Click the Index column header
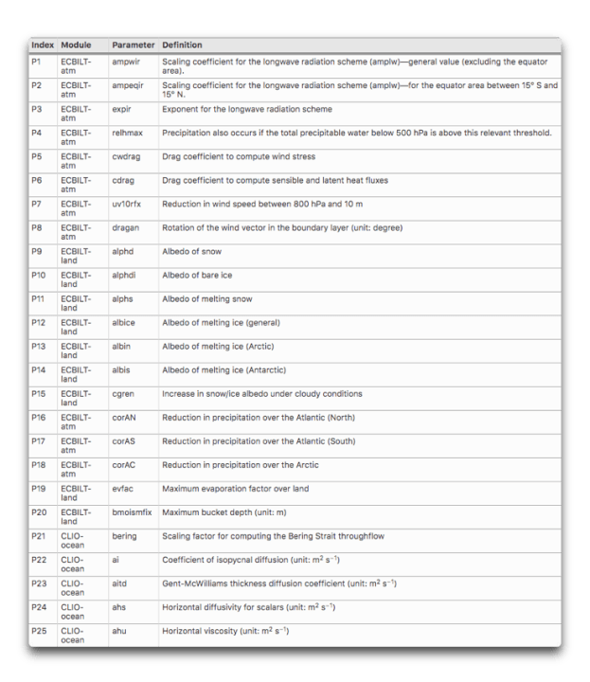[43, 45]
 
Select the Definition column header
[182, 45]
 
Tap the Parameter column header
[133, 45]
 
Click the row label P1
[37, 62]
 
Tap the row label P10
[39, 275]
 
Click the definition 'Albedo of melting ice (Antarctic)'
[224, 369]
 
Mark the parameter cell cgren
[124, 393]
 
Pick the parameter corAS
[125, 441]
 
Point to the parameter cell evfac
[124, 489]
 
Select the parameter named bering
[125, 536]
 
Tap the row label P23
[39, 583]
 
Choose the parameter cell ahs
[119, 607]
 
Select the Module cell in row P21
[73, 541]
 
